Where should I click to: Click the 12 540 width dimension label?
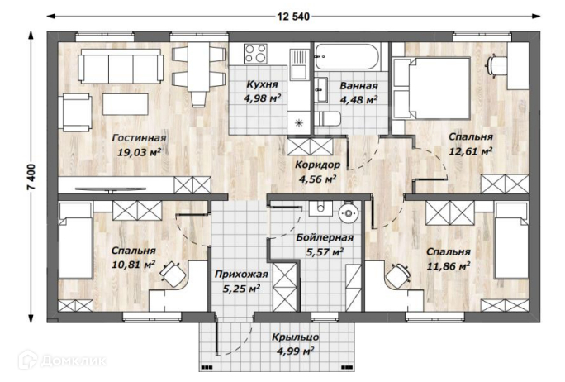(x=293, y=17)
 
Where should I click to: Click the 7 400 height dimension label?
(x=31, y=177)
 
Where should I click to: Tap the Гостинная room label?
(x=139, y=138)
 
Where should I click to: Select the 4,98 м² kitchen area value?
(x=262, y=98)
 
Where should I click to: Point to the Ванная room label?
(x=358, y=86)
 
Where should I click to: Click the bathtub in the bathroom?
(x=347, y=57)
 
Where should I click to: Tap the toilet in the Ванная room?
(x=327, y=119)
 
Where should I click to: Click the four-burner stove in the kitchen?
(x=255, y=54)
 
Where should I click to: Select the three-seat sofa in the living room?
(x=121, y=66)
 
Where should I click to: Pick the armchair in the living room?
(x=77, y=112)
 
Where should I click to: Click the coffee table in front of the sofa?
(x=126, y=104)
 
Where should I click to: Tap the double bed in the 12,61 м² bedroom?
(x=432, y=88)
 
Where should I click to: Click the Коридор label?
(x=317, y=165)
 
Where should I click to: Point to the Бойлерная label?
(x=325, y=237)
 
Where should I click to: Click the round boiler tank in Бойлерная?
(x=349, y=213)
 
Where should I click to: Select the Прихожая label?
(x=241, y=275)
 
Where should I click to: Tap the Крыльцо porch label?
(x=296, y=337)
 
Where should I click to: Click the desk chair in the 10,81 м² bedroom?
(x=172, y=272)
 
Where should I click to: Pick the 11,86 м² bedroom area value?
(x=449, y=266)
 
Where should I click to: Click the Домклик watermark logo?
(x=62, y=360)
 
